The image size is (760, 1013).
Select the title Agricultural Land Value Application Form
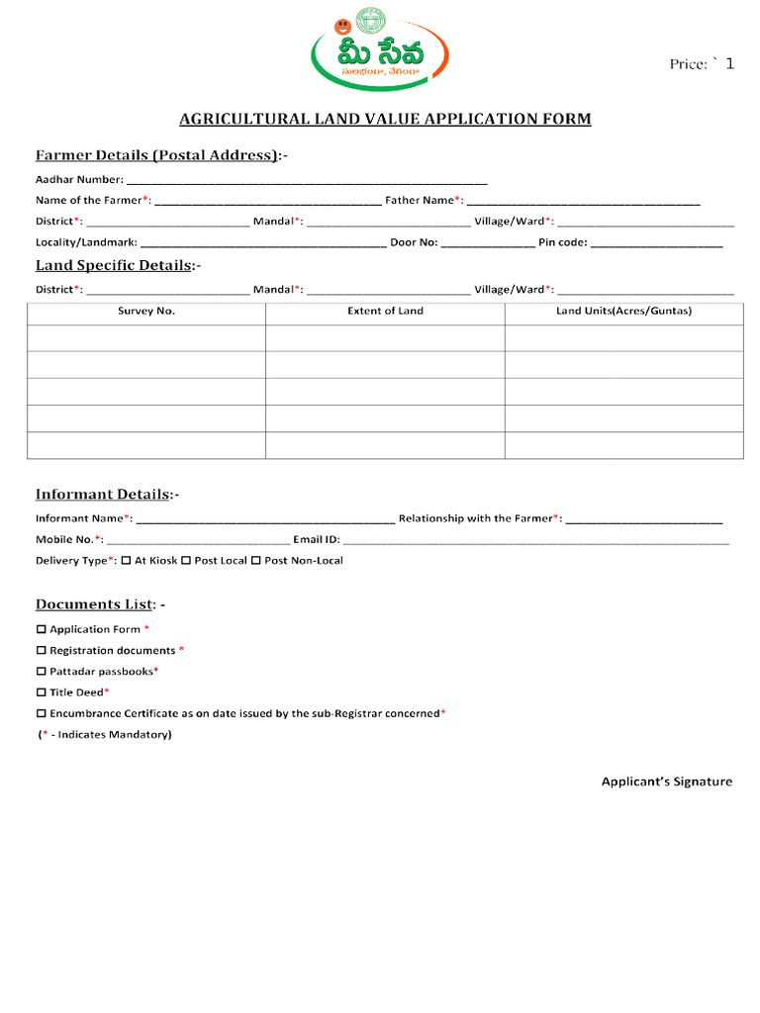[384, 120]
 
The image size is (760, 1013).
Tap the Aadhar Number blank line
[307, 181]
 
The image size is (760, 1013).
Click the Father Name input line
[583, 202]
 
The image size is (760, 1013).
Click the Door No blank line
[487, 243]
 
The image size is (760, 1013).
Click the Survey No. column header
[146, 312]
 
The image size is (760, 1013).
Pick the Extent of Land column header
[385, 312]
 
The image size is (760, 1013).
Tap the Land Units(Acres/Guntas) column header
[623, 312]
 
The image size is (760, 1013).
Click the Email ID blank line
[535, 541]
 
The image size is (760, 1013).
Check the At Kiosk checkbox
[126, 561]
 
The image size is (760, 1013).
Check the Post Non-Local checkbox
[255, 561]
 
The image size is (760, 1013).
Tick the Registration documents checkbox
[42, 651]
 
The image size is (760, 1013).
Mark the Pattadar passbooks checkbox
[42, 672]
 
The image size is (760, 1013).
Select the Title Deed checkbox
[42, 692]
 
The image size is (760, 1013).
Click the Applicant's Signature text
[667, 783]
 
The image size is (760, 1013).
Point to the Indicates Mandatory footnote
[105, 735]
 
